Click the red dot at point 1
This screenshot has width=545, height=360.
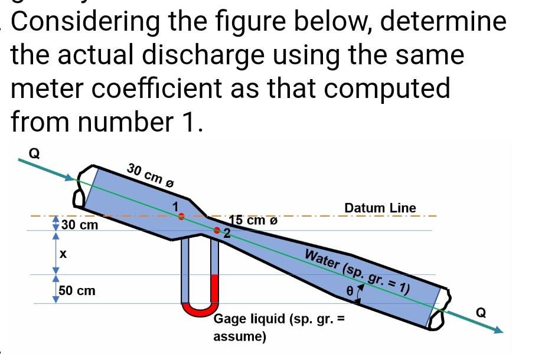tap(182, 216)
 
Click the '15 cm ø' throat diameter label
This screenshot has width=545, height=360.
tap(252, 221)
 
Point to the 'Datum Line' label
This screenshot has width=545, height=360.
tap(380, 208)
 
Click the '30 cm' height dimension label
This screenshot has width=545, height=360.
tap(80, 225)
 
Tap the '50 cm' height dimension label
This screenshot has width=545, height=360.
tap(77, 291)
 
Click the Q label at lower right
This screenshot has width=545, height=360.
tap(482, 313)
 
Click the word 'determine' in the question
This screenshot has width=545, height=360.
tap(443, 22)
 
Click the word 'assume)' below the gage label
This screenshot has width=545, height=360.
tap(240, 337)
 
